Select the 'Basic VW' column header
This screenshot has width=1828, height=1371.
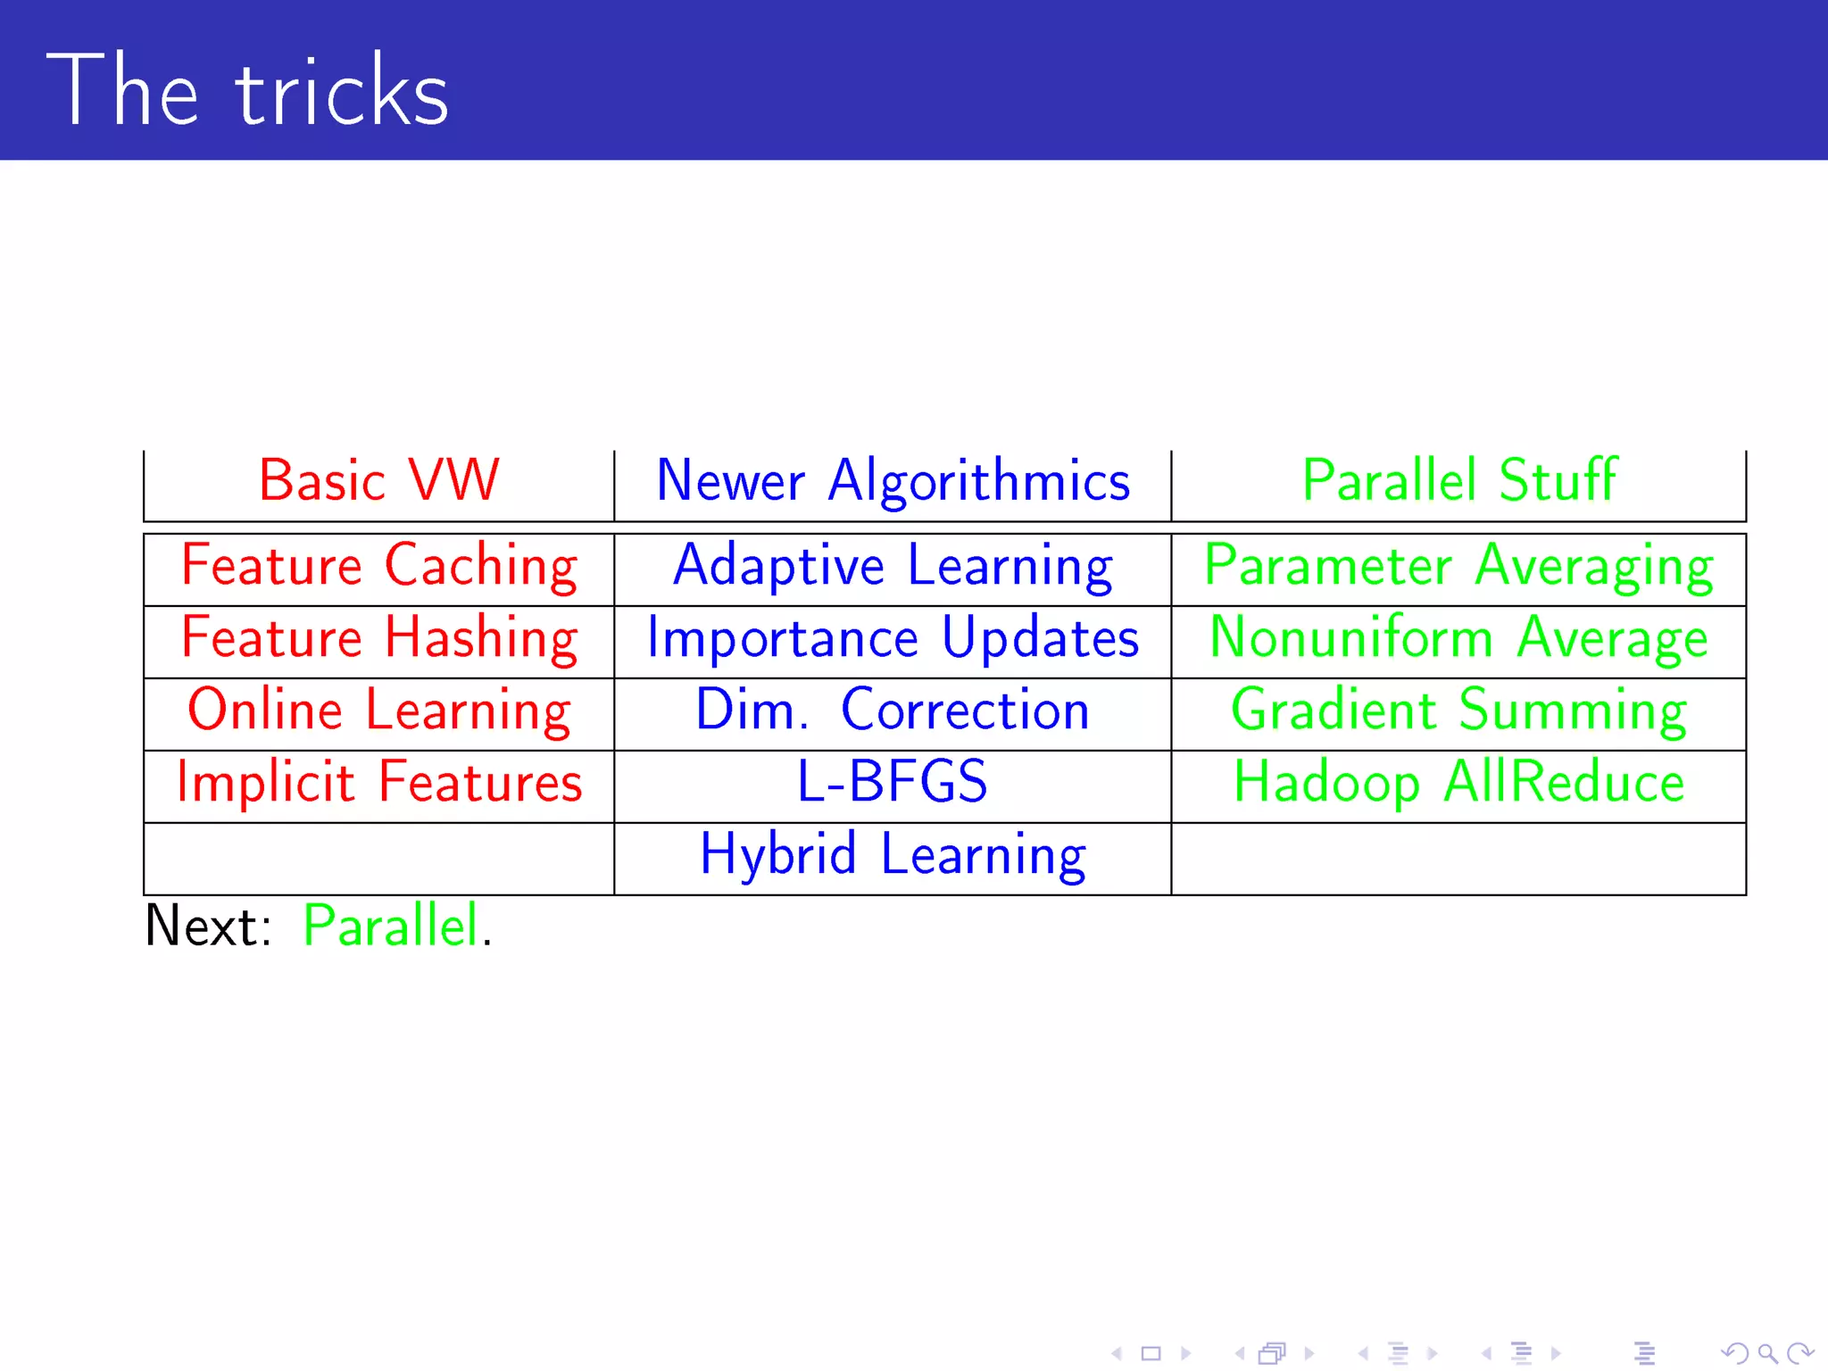point(378,481)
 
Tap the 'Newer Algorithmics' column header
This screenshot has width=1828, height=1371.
point(893,481)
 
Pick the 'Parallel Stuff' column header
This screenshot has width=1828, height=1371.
point(1458,481)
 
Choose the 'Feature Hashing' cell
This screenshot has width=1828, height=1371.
point(378,638)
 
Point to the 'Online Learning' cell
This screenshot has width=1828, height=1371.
point(378,710)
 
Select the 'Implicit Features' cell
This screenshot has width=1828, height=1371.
point(378,783)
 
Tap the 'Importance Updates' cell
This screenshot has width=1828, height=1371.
point(893,638)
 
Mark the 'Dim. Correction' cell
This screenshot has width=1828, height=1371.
point(893,710)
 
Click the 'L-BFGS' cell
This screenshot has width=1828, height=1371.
point(893,783)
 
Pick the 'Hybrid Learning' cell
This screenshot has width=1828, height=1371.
point(893,855)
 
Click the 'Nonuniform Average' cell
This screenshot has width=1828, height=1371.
point(1458,638)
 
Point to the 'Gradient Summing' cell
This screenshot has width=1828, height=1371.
point(1458,710)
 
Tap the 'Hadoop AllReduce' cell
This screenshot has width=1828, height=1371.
point(1458,783)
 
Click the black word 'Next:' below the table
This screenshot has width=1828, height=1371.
point(208,926)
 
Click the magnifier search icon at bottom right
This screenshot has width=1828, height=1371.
point(1767,1353)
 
